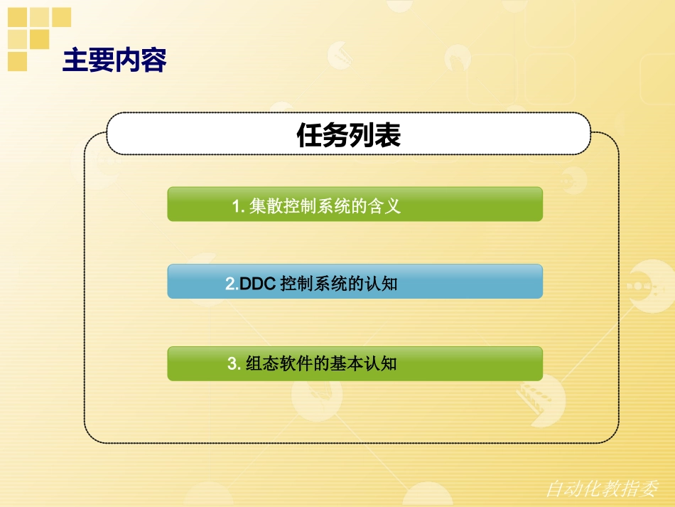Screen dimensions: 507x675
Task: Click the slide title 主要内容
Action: click(x=114, y=61)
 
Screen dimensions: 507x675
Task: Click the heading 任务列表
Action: click(x=348, y=134)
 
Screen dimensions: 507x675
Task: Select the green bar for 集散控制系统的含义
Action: click(x=355, y=204)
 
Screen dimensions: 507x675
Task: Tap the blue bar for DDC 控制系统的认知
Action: click(x=355, y=282)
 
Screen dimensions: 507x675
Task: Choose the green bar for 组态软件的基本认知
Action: click(x=355, y=363)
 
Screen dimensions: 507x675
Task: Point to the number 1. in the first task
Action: click(x=239, y=207)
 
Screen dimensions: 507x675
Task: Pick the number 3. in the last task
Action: click(x=234, y=364)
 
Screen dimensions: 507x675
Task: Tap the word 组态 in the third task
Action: click(x=261, y=364)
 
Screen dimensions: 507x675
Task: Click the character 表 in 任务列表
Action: click(x=387, y=134)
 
